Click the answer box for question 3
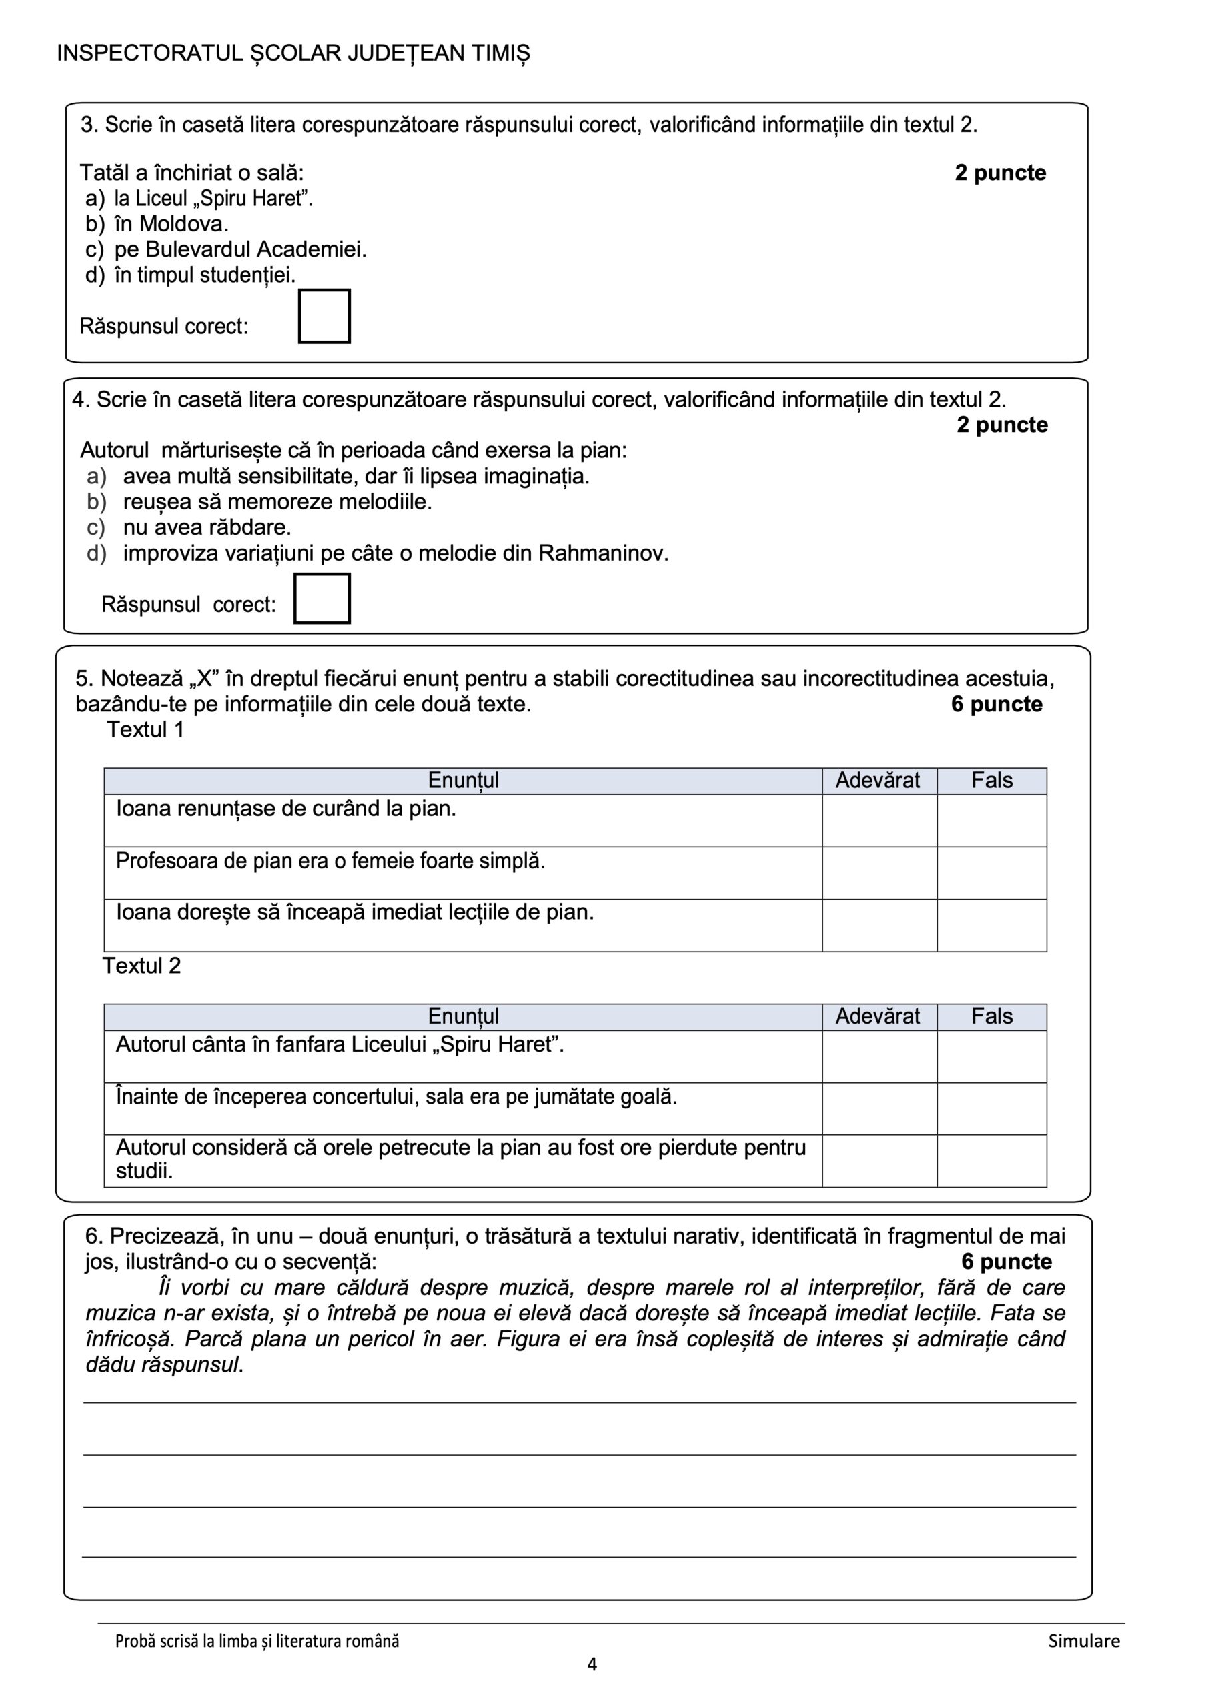pyautogui.click(x=324, y=317)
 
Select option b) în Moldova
pyautogui.click(x=171, y=224)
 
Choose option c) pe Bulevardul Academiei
pyautogui.click(x=239, y=249)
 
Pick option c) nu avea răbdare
pyautogui.click(x=206, y=527)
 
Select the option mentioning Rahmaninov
pyautogui.click(x=395, y=553)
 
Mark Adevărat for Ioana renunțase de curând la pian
pyautogui.click(x=878, y=821)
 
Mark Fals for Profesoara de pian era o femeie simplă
pyautogui.click(x=991, y=873)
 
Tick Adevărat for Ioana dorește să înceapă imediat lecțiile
pyautogui.click(x=878, y=925)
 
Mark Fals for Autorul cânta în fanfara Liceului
pyautogui.click(x=991, y=1056)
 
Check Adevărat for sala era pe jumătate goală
pyautogui.click(x=878, y=1108)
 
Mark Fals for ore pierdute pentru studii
pyautogui.click(x=991, y=1160)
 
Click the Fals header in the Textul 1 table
pyautogui.click(x=991, y=781)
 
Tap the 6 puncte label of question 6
pyautogui.click(x=1006, y=1261)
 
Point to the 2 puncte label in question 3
pyautogui.click(x=1000, y=173)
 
